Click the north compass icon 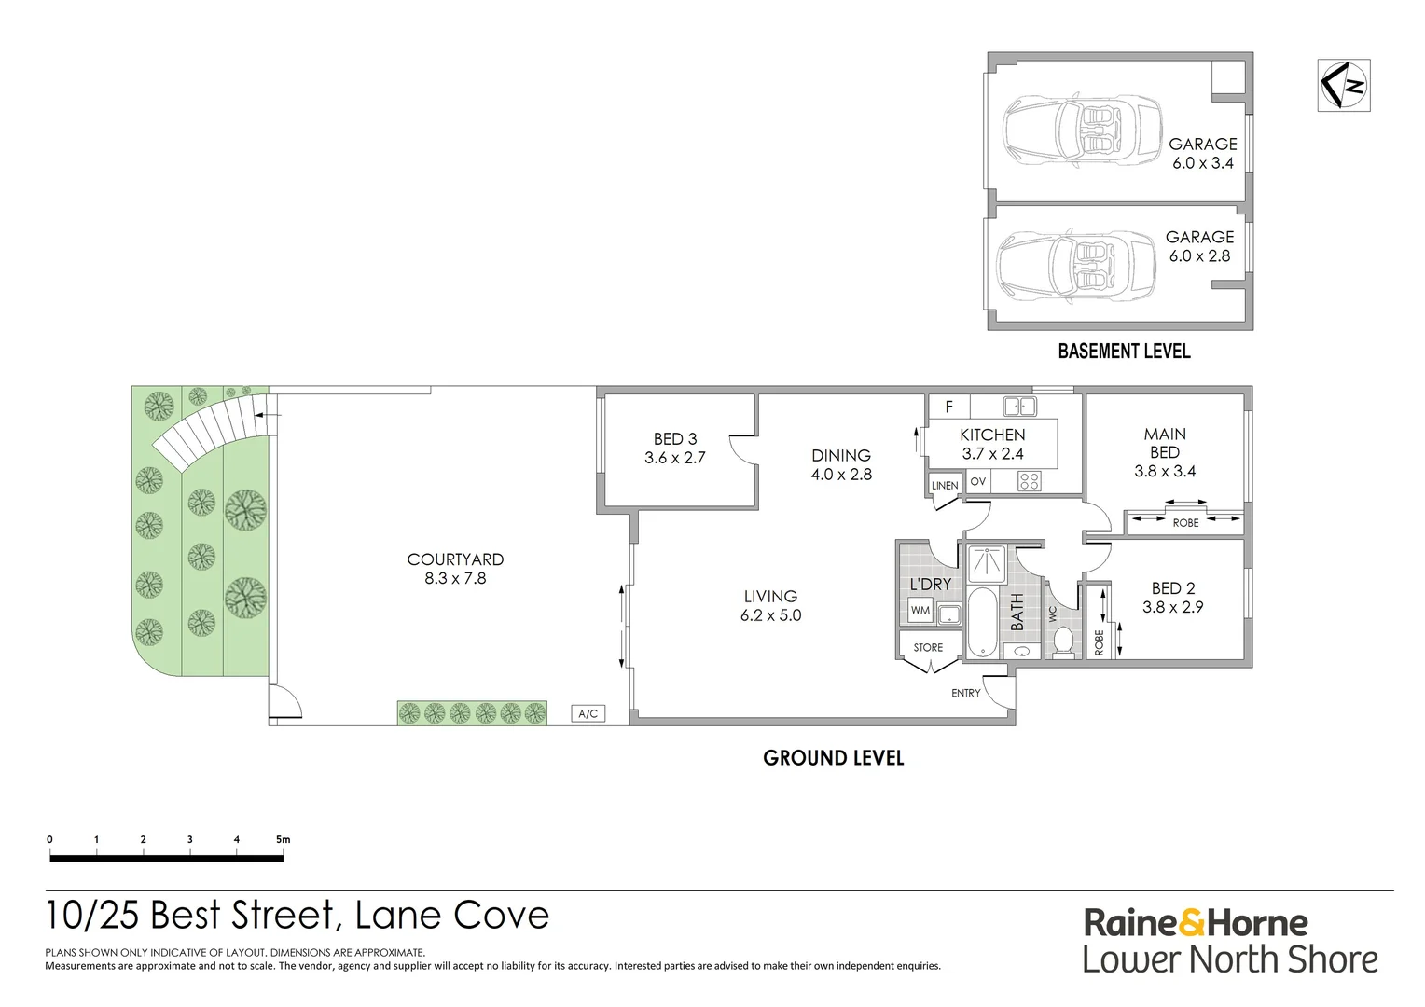coord(1343,85)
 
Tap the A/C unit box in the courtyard coord(588,713)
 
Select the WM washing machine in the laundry coord(920,611)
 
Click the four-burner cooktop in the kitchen coord(1029,481)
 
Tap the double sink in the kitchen coord(1019,406)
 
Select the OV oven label coord(977,481)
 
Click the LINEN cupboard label coord(945,485)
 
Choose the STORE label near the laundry coord(928,647)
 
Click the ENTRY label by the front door coord(966,693)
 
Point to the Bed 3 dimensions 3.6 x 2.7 coord(674,458)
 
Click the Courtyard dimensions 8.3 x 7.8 coord(455,578)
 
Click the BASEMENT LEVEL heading coord(1124,352)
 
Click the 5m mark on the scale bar coord(283,839)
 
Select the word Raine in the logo coord(1129,923)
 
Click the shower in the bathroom coord(986,562)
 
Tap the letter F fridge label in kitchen coord(949,407)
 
